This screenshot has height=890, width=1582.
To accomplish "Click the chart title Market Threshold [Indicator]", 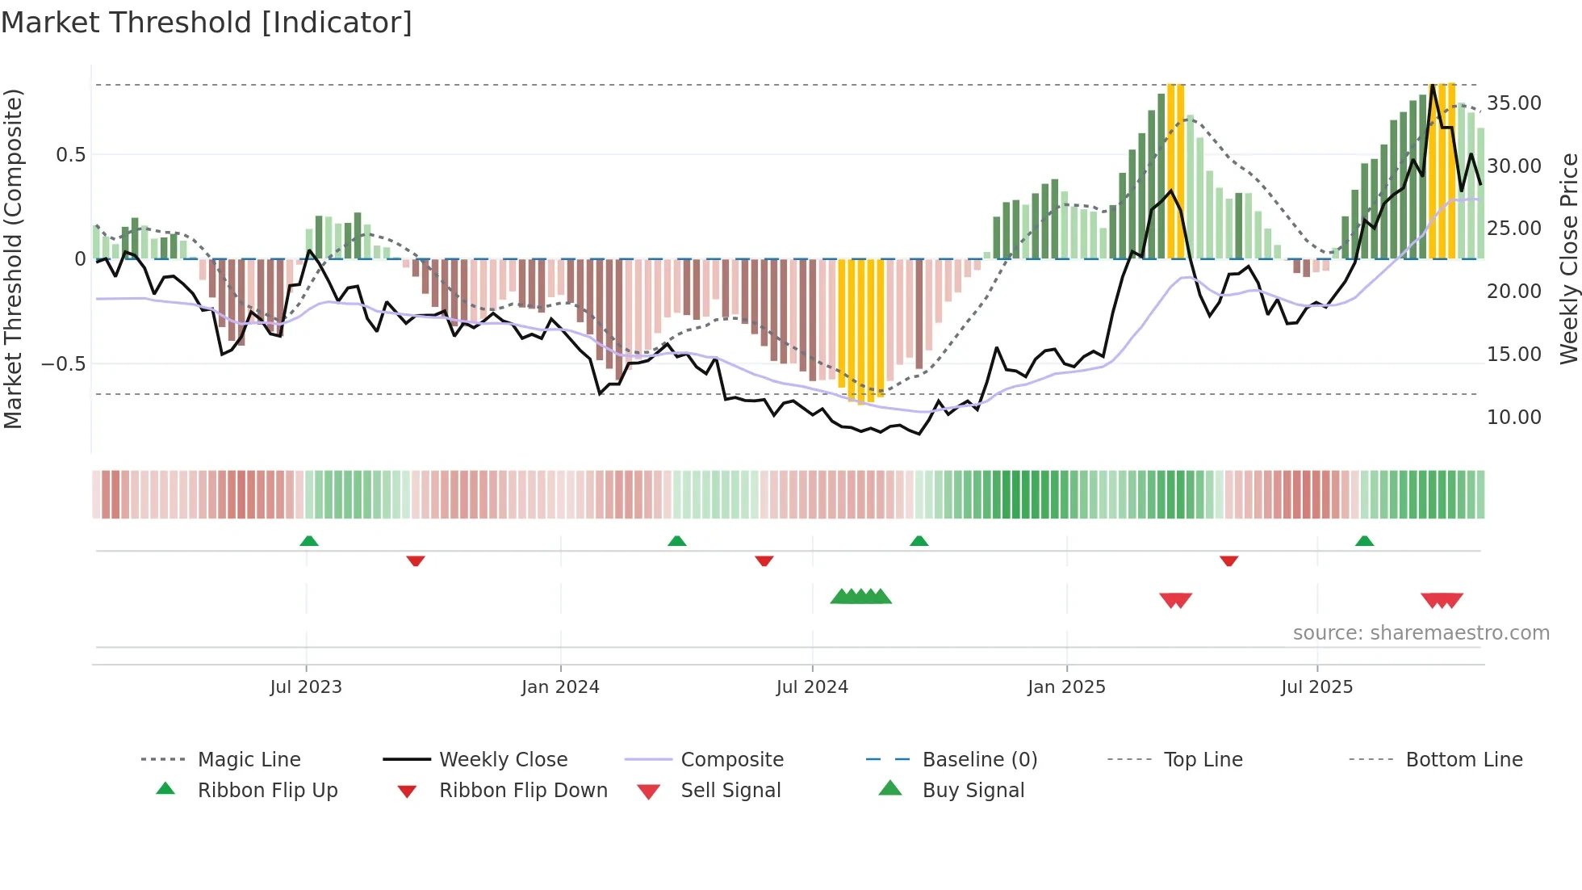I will tap(207, 23).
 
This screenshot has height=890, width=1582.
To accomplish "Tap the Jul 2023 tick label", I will tap(306, 687).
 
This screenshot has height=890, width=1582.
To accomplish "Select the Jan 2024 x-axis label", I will tap(560, 687).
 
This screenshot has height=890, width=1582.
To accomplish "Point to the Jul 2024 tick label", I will tap(812, 687).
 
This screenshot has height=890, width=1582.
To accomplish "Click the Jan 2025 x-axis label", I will tap(1066, 687).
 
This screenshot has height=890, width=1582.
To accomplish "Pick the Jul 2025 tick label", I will tap(1316, 687).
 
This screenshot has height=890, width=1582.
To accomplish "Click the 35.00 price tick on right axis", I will tap(1514, 103).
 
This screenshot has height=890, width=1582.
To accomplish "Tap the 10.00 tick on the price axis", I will tap(1514, 418).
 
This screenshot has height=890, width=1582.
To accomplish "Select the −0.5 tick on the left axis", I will tap(64, 364).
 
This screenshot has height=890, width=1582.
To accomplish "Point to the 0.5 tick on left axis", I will tap(71, 155).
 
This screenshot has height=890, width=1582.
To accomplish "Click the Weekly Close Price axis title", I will tap(1568, 258).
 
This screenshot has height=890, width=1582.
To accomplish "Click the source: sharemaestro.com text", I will tap(1421, 633).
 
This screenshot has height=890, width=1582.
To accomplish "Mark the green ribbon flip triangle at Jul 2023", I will tap(309, 541).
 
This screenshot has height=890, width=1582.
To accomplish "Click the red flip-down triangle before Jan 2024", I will tap(416, 560).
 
